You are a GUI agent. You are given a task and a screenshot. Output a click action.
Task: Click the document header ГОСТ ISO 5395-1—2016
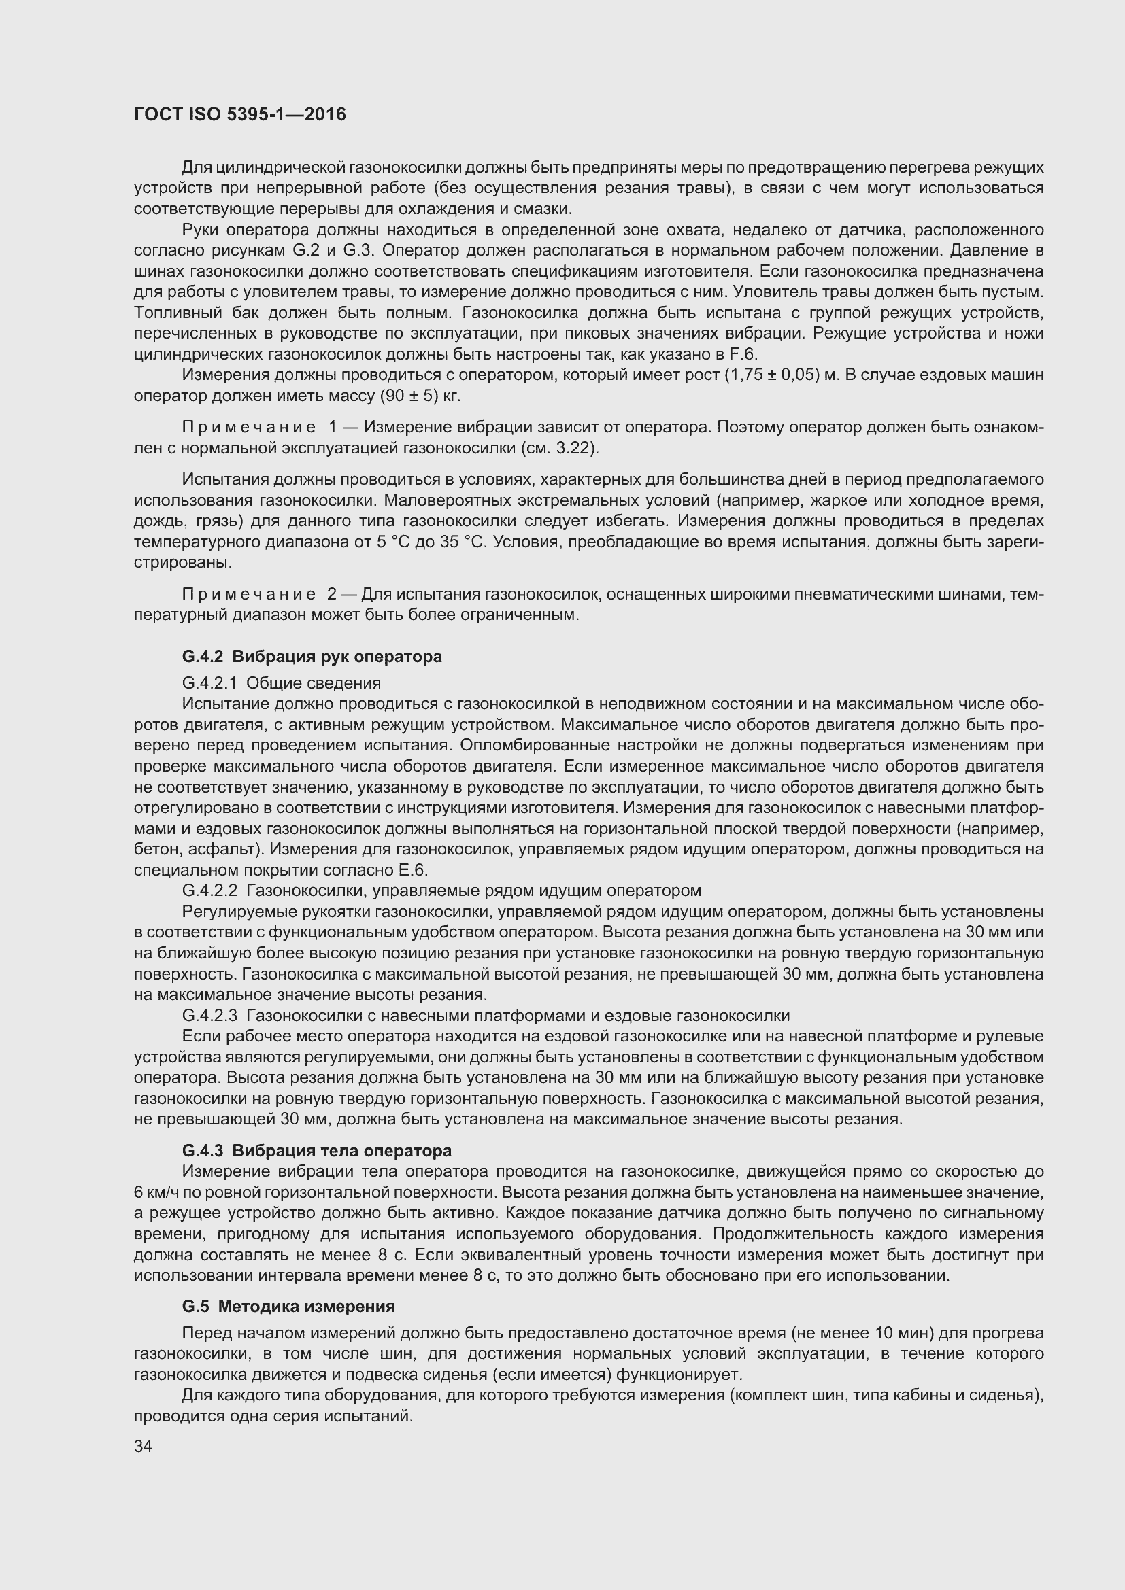(x=239, y=114)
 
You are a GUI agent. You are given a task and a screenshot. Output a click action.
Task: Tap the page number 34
(x=143, y=1446)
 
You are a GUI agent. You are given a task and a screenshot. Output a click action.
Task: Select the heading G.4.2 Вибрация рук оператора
(x=312, y=657)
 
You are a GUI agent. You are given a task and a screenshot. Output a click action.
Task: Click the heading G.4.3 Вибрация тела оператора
(x=316, y=1150)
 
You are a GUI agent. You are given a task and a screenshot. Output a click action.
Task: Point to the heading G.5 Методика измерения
(x=288, y=1306)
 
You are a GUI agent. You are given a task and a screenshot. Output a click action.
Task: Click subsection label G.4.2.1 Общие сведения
(x=282, y=683)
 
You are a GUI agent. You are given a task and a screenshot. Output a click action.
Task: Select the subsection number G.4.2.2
(x=209, y=891)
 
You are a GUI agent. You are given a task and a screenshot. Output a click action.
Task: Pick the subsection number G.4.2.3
(x=209, y=1016)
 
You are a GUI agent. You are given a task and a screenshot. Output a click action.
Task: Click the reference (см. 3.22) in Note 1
(x=559, y=448)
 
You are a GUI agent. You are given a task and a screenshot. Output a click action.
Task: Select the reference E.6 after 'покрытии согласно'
(x=412, y=871)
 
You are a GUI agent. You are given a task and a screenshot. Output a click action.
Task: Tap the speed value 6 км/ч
(x=156, y=1192)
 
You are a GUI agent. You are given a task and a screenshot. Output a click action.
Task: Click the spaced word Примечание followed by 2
(x=249, y=594)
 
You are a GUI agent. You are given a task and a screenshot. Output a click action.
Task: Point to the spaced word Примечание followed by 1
(x=249, y=428)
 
